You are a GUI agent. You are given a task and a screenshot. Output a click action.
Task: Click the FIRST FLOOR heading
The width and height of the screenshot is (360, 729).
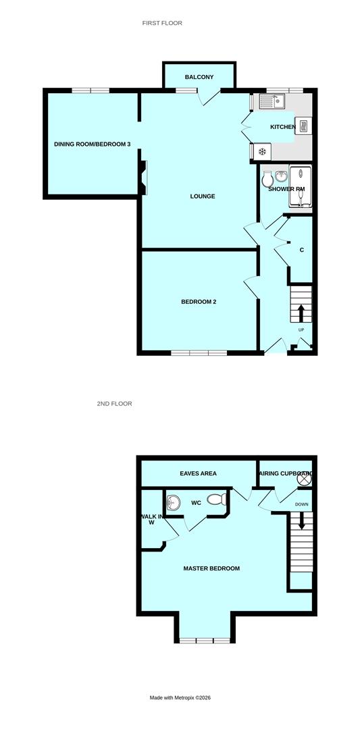tap(162, 23)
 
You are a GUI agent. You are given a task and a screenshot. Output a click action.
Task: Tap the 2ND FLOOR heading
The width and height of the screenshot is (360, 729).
tap(114, 404)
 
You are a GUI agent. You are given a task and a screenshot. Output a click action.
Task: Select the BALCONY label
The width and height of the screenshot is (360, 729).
tap(199, 77)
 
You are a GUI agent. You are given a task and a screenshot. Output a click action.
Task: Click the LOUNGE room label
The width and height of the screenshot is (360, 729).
tap(203, 196)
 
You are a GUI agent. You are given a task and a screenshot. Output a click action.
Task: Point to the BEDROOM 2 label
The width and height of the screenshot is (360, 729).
tap(199, 302)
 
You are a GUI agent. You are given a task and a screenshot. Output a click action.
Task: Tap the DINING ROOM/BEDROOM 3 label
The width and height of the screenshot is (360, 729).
tap(93, 144)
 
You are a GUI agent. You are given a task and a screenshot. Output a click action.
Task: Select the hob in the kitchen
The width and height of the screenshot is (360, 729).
tap(305, 126)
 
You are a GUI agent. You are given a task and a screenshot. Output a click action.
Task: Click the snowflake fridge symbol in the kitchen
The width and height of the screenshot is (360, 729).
tap(261, 151)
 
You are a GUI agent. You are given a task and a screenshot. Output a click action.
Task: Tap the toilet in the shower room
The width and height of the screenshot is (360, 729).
tap(267, 180)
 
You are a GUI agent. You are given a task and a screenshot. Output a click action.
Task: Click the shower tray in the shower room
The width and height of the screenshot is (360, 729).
tap(300, 184)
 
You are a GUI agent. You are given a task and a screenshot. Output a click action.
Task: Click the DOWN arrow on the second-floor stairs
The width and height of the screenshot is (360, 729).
tap(302, 520)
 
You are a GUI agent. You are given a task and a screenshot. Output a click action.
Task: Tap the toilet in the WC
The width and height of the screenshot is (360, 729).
tap(215, 500)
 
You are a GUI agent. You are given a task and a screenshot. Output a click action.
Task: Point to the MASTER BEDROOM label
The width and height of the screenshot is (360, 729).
tap(211, 568)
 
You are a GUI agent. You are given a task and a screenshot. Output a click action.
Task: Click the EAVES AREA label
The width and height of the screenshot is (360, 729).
tap(198, 474)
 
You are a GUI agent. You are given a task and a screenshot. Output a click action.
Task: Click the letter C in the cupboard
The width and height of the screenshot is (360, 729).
tap(301, 250)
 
